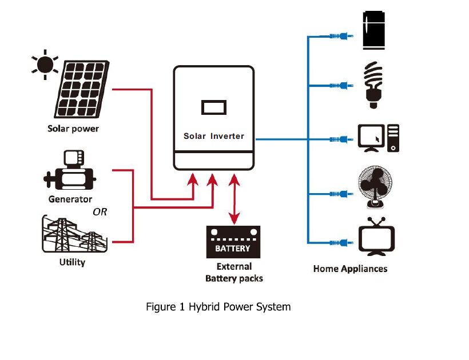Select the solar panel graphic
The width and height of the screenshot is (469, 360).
[81, 89]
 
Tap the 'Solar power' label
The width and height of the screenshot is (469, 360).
[73, 129]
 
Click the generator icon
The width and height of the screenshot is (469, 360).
[69, 172]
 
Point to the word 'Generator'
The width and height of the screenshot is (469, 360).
[70, 199]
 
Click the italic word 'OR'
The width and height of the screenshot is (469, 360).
[100, 212]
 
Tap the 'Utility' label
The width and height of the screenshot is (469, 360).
[72, 262]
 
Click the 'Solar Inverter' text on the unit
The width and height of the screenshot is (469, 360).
[213, 136]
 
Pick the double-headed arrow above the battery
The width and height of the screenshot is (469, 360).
[234, 200]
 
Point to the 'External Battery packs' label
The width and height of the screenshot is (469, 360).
[234, 272]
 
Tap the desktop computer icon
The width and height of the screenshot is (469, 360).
[379, 138]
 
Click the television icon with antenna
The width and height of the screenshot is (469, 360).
[376, 237]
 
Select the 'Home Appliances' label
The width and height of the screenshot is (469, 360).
[350, 269]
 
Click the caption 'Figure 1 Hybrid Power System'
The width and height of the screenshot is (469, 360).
[218, 307]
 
